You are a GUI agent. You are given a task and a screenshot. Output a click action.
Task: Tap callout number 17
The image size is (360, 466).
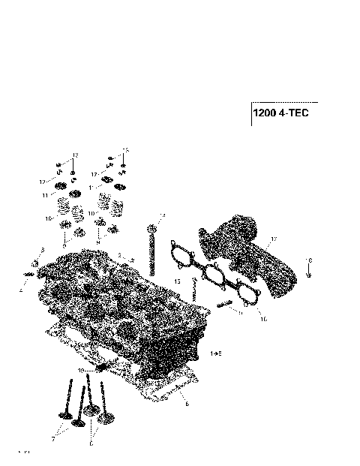pos(274,239)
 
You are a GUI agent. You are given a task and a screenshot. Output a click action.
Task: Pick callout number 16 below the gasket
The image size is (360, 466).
pos(263,319)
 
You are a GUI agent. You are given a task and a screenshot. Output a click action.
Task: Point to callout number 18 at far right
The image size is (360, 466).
pos(310,259)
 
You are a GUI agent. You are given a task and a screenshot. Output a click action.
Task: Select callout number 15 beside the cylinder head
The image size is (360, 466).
pos(177,281)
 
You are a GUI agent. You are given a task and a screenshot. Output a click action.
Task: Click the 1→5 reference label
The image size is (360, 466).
pos(216,352)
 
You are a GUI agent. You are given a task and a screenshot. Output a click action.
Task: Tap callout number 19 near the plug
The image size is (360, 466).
pos(81,371)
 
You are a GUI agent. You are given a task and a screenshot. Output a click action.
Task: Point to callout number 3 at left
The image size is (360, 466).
pos(43,249)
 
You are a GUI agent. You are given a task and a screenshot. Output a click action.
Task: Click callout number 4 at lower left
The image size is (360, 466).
pos(21,289)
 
